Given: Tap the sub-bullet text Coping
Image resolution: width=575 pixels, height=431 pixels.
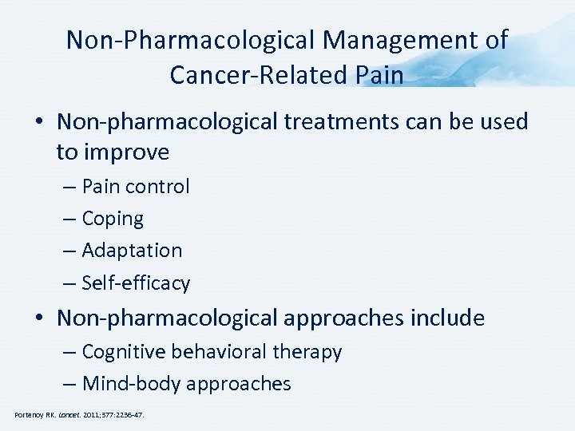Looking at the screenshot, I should coord(113,219).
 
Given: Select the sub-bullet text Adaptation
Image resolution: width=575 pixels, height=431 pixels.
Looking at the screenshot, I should coord(132,251).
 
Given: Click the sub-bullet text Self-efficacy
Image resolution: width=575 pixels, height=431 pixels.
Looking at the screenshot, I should coord(136,283).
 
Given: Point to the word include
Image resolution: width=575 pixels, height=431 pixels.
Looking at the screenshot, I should coord(447,318).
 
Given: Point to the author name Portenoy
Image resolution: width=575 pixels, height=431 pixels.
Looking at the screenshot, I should coord(29,415).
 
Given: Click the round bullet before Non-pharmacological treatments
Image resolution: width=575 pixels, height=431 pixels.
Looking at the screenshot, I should coord(39,123).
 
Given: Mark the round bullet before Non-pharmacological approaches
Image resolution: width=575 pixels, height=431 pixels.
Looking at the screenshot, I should coord(39,319).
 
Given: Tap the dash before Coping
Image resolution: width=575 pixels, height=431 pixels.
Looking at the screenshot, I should coord(69,219).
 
